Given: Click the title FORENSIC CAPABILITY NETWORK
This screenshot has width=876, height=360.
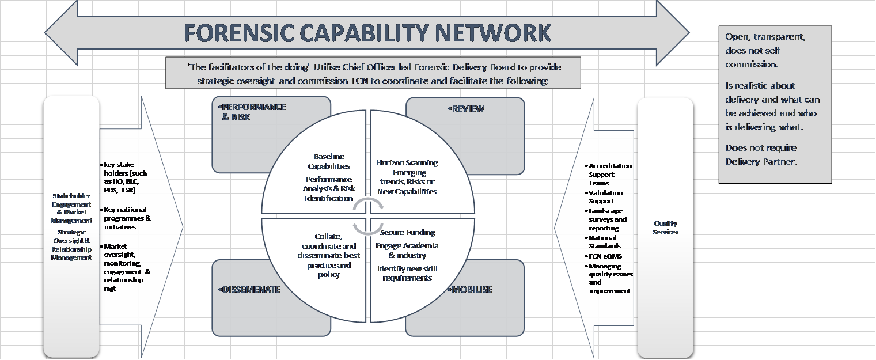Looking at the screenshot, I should click(367, 33).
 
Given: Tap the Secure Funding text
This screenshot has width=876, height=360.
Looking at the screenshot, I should click(407, 233).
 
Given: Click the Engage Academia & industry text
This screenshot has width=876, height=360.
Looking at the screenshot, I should click(407, 251).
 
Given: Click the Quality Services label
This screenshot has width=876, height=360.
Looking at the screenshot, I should click(665, 228).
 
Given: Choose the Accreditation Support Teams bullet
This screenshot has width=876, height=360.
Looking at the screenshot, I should click(609, 174).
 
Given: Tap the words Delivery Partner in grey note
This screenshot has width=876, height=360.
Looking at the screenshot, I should click(761, 162).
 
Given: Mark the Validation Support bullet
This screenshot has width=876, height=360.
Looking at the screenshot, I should click(605, 197).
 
